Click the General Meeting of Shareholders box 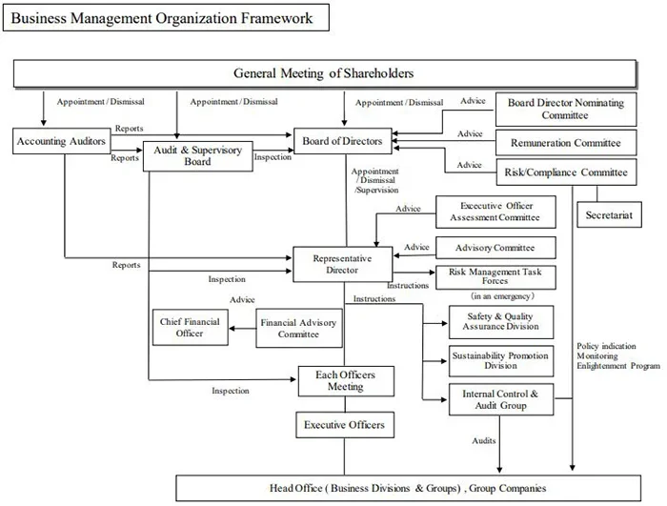tap(324, 73)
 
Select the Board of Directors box tap(342, 142)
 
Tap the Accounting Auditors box tap(61, 142)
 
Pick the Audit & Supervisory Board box tap(198, 155)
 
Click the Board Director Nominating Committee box tap(567, 109)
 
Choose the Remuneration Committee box tap(567, 143)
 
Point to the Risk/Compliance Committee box tap(567, 172)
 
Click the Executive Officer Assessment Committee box tap(496, 211)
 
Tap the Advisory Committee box tap(495, 248)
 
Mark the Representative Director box tap(342, 264)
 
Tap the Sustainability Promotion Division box tap(500, 359)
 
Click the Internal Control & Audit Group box tap(500, 398)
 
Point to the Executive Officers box tap(345, 424)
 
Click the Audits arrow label tap(483, 440)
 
